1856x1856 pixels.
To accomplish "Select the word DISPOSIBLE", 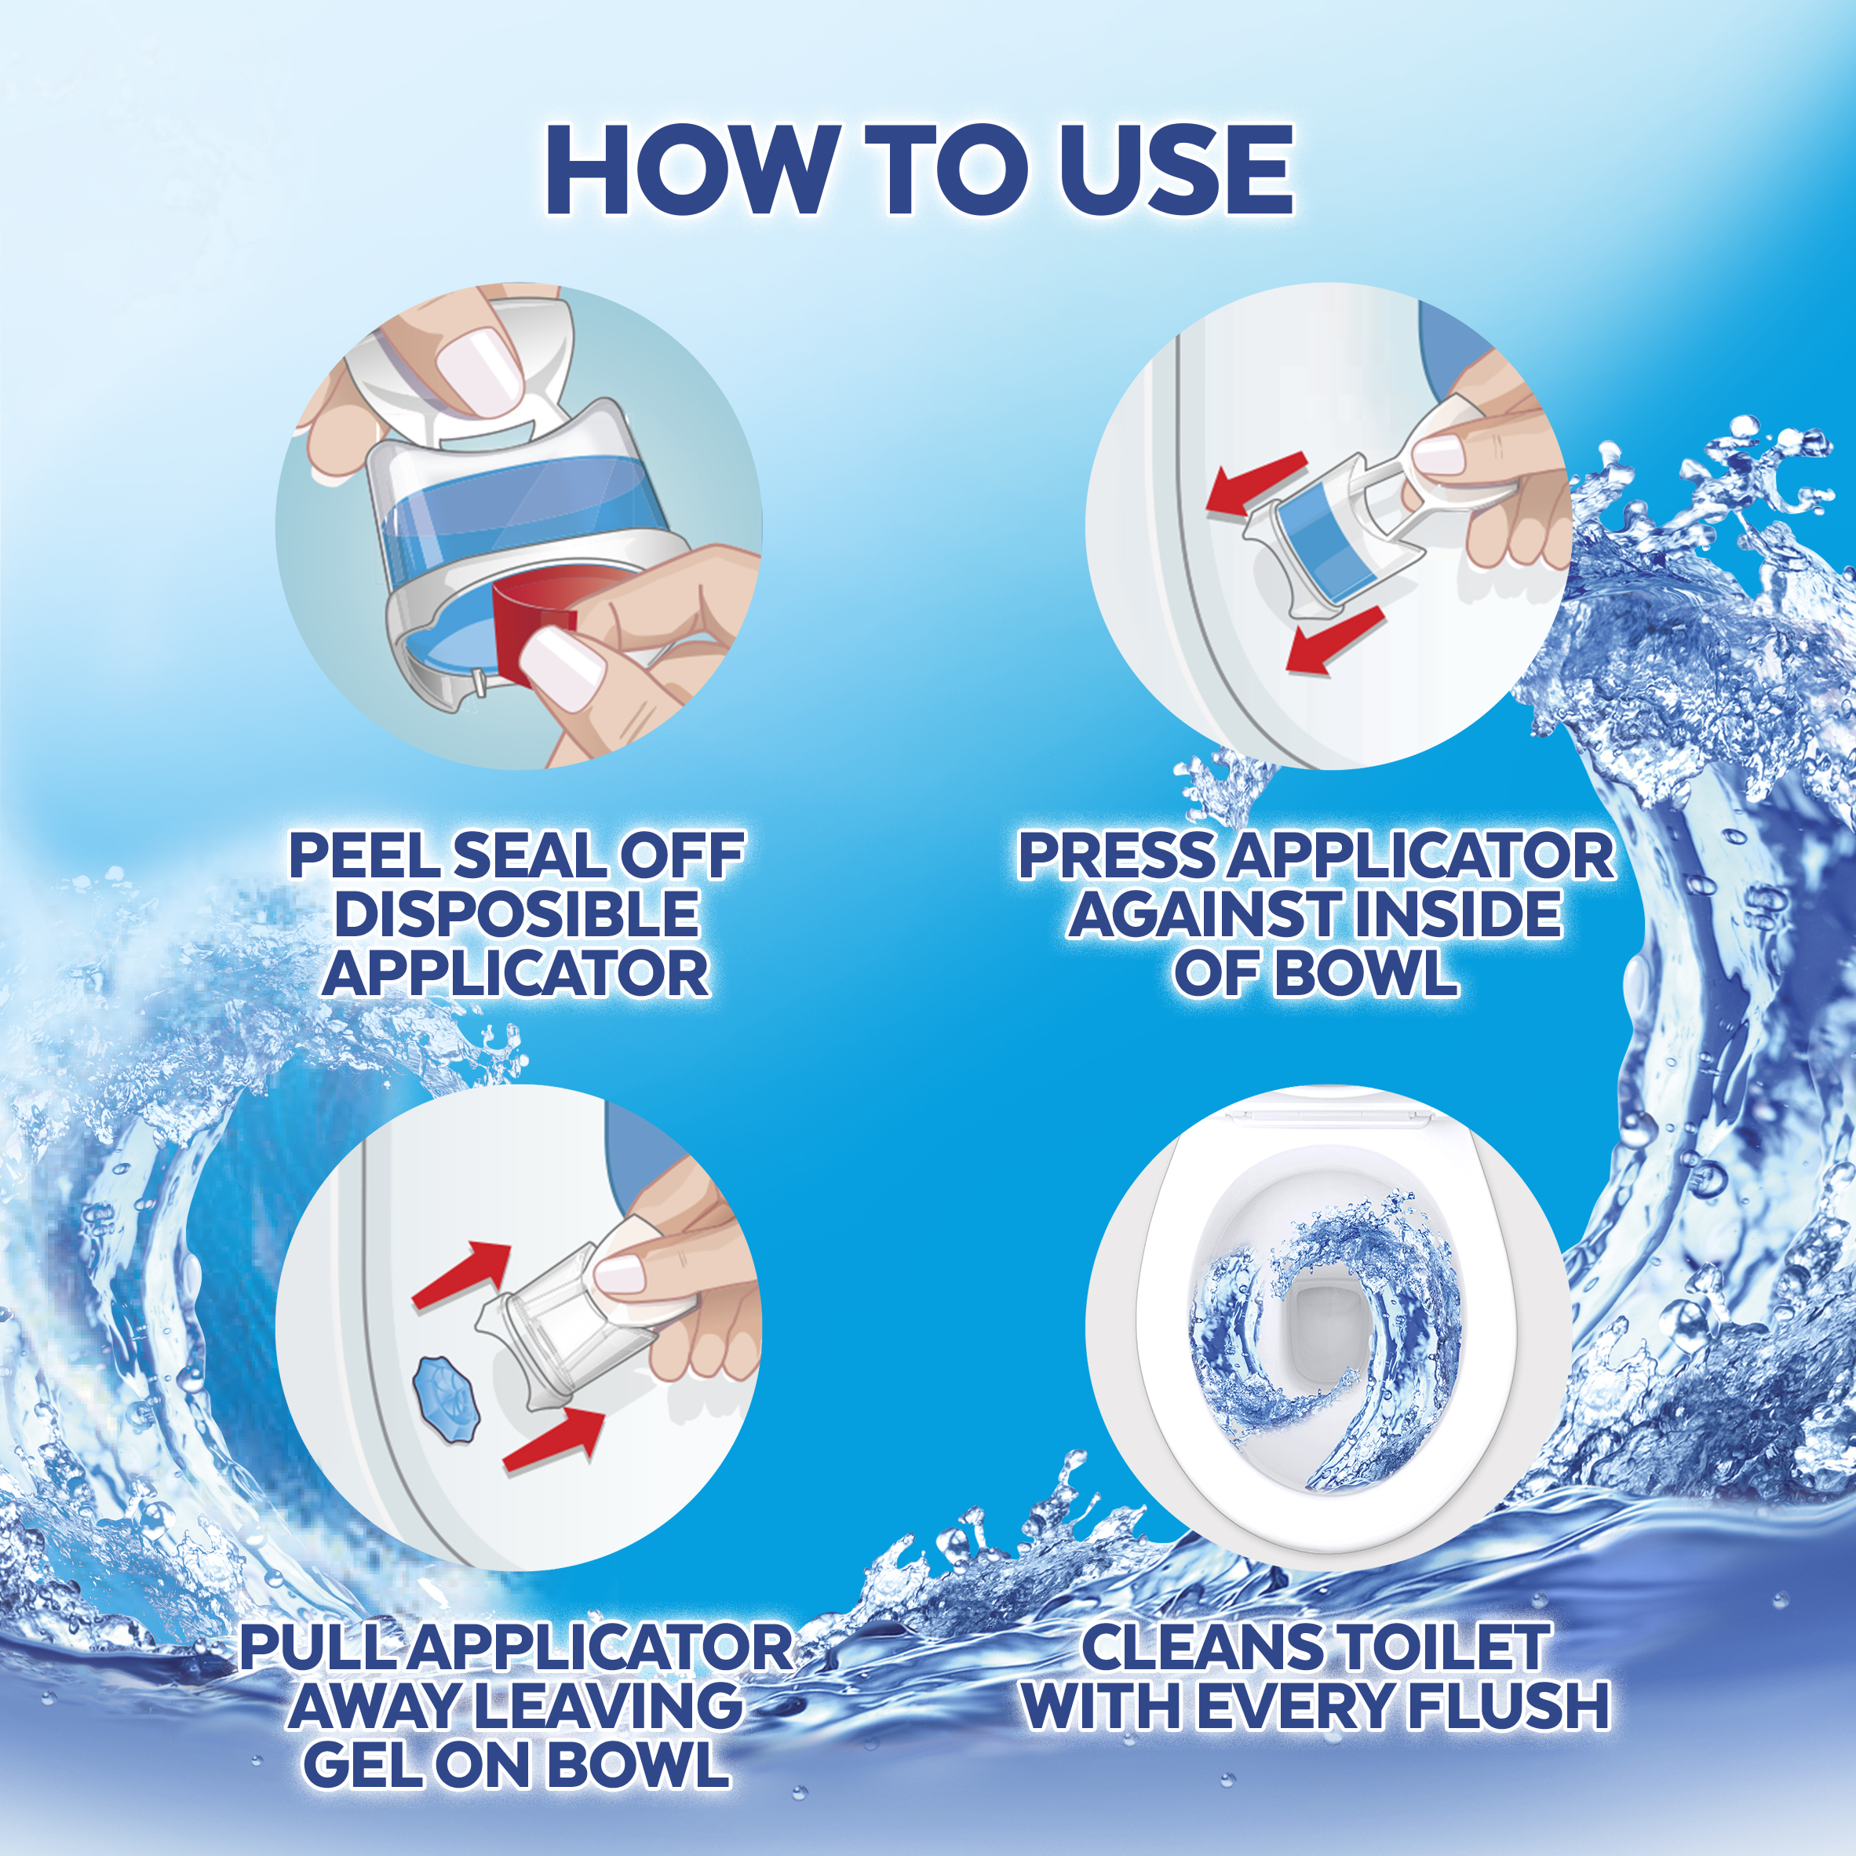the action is pos(516,913).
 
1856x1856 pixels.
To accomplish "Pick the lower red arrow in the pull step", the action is pos(553,1441).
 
